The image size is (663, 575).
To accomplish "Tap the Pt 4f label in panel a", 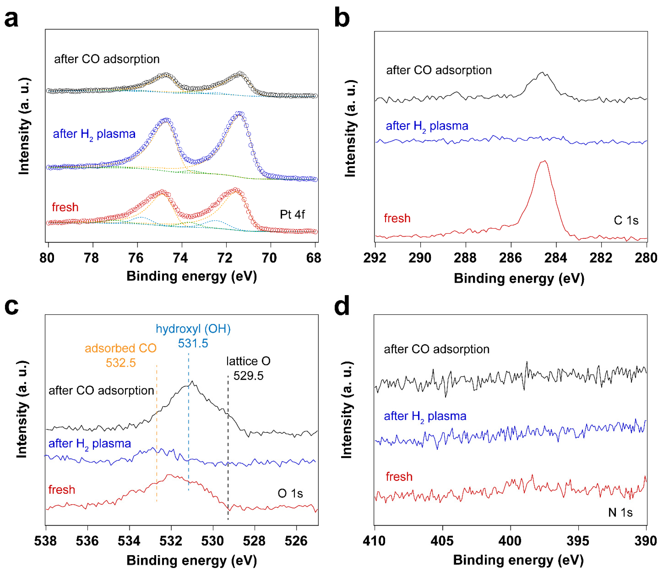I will pos(292,214).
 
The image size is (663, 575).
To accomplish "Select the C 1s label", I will pos(626,220).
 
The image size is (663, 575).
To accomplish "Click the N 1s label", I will pos(620,512).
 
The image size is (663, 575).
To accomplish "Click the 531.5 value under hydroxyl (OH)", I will pos(193,343).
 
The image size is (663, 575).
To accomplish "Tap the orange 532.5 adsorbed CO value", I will pos(121,363).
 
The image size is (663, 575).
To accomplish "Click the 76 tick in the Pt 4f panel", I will pos(136,258).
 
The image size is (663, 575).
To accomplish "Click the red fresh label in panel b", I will pos(397,218).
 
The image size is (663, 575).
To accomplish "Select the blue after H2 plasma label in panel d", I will pos(425,416).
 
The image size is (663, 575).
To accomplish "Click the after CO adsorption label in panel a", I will pos(107,59).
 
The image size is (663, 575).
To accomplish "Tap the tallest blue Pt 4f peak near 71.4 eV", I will pos(240,114).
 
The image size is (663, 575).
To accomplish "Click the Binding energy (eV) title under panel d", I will pos(518,560).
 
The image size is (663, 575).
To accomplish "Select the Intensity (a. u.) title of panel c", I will pos(22,409).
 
